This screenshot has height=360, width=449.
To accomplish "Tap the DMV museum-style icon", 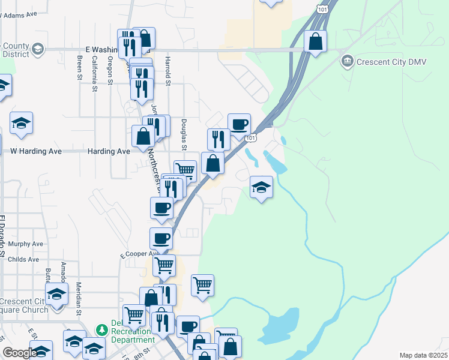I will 347,61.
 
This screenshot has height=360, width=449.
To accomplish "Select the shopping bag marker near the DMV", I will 315,42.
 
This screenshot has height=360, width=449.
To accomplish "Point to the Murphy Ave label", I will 26,244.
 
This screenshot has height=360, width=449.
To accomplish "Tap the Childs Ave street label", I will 24,260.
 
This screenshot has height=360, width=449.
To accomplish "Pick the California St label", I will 95,74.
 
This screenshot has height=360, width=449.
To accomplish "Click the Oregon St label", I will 110,70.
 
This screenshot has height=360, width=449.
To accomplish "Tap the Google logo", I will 19,353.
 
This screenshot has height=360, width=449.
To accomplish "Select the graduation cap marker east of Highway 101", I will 261,188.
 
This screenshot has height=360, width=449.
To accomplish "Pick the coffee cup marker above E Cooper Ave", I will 161,238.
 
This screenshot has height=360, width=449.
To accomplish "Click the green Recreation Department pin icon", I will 101,330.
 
